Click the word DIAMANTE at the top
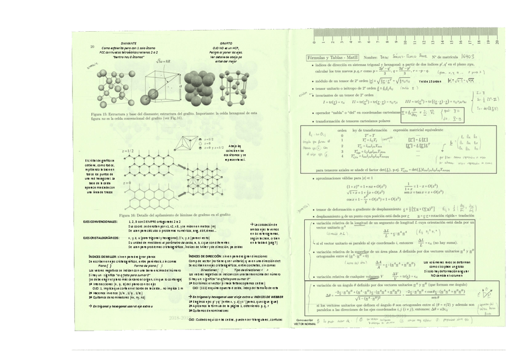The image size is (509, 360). pos(128,44)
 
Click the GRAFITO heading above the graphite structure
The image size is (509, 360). pos(226,44)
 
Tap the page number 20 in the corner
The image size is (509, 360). pos(92,47)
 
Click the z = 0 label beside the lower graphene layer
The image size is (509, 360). pos(127,182)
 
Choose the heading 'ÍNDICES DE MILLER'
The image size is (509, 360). pos(106,256)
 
